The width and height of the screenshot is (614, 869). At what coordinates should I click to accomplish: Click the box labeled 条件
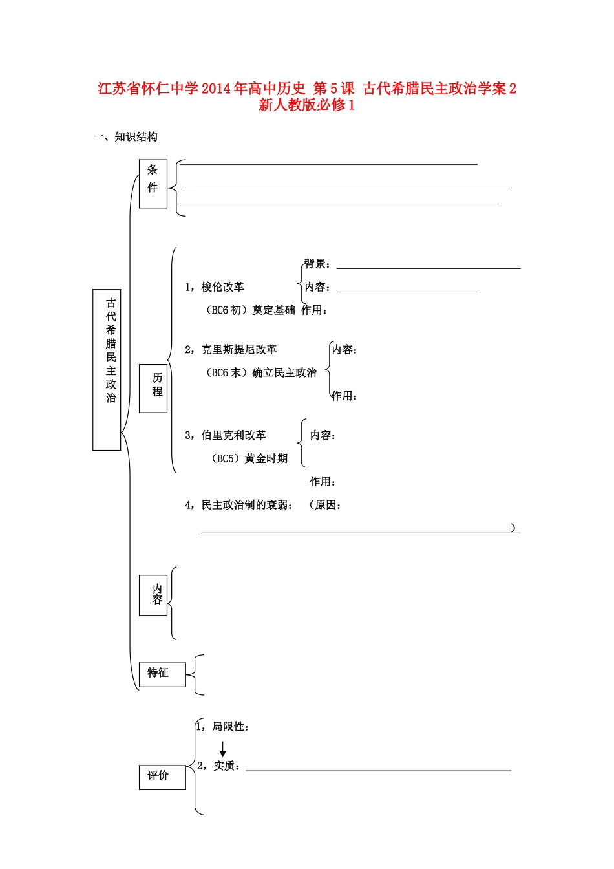click(153, 184)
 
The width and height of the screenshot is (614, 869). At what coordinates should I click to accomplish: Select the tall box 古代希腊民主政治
click(107, 369)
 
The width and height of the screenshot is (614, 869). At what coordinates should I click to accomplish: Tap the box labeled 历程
click(153, 388)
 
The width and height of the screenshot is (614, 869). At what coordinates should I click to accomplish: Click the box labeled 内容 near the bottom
click(153, 595)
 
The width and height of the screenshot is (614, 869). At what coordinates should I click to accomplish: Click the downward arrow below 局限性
click(223, 749)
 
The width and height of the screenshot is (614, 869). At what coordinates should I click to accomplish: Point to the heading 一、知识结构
click(125, 136)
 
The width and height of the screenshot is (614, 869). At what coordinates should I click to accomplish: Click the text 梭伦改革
click(222, 287)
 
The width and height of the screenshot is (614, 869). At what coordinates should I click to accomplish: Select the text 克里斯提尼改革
click(238, 350)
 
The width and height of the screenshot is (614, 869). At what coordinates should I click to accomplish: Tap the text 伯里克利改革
click(233, 436)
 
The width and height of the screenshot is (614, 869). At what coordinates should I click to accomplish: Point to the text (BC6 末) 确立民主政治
click(261, 373)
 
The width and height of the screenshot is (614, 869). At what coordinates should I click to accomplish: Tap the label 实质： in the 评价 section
click(227, 766)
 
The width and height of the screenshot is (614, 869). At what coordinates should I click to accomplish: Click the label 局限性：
click(230, 727)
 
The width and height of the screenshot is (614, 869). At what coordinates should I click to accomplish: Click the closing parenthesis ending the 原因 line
click(513, 528)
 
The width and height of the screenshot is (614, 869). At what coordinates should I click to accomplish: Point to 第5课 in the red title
click(333, 89)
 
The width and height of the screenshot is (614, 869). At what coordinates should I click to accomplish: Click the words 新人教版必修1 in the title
click(307, 105)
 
